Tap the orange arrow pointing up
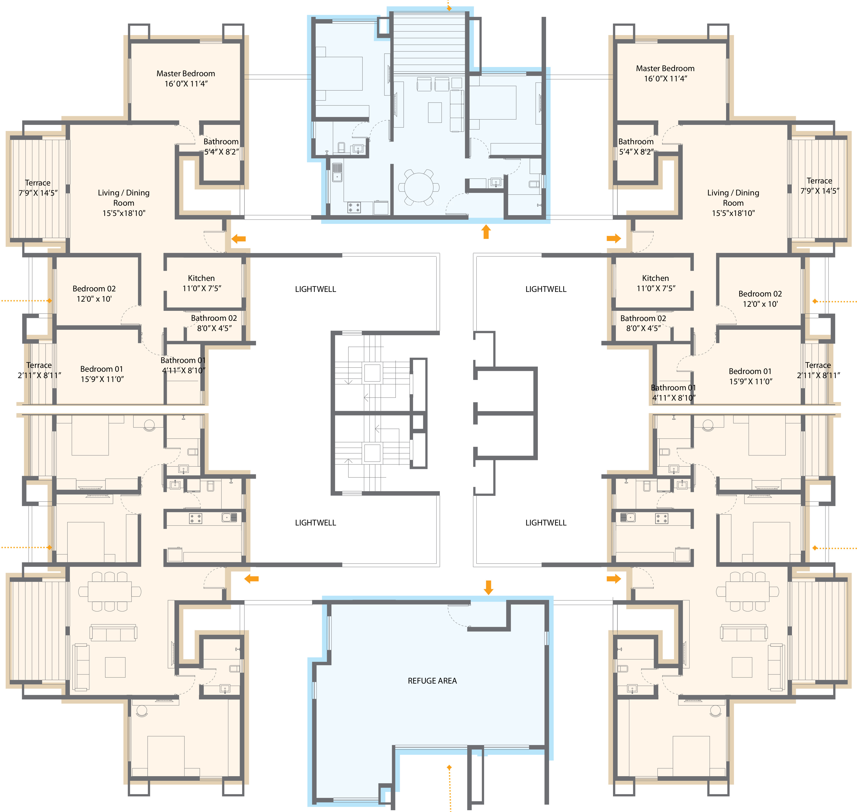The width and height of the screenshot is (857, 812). point(486,232)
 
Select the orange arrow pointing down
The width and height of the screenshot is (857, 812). point(488,587)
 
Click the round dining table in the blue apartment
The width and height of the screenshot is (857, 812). point(419,187)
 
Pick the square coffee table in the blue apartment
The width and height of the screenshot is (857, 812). point(435,113)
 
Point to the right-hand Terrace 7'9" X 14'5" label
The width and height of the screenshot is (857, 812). point(819,186)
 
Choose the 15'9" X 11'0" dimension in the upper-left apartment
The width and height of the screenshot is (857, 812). point(102,379)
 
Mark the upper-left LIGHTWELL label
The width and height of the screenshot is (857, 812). point(315,289)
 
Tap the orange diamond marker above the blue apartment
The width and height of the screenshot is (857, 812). point(449,8)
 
